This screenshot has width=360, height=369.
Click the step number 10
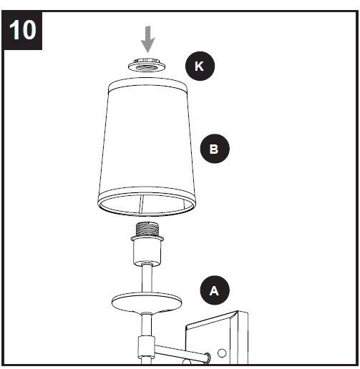coord(24,31)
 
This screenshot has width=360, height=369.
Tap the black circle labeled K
coord(199,67)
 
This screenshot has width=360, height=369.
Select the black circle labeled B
coord(213,149)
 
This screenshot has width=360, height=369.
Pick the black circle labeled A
coord(213,290)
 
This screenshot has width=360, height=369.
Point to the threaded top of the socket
coord(147,232)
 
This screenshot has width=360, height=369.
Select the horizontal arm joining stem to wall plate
coord(175,350)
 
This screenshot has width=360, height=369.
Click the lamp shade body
coord(147,143)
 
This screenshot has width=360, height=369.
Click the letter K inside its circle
coord(199,67)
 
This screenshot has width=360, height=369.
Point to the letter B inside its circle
coord(213,149)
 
